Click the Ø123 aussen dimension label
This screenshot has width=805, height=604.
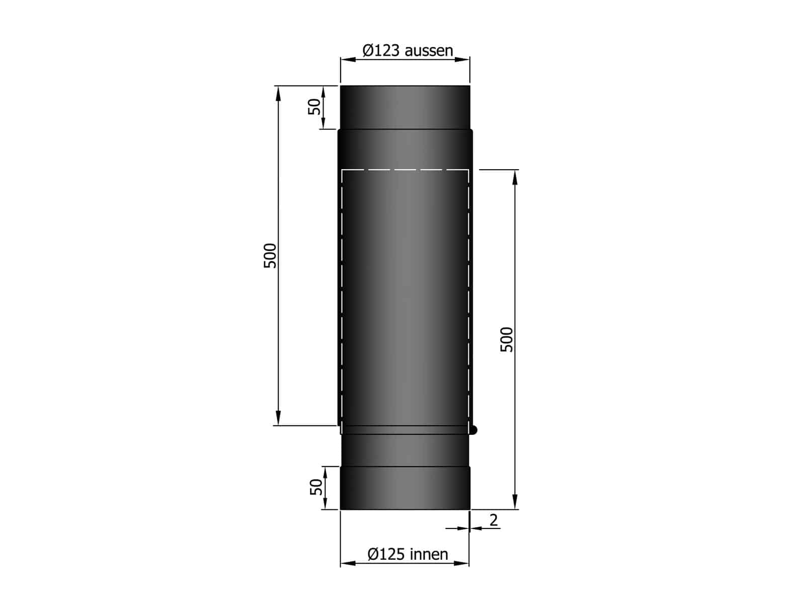[408, 50]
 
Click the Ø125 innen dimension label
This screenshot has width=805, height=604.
[408, 554]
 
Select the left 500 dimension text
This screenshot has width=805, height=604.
[271, 255]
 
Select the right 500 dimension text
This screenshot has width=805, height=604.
[507, 339]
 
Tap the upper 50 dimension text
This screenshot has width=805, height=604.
[314, 107]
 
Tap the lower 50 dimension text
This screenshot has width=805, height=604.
[316, 487]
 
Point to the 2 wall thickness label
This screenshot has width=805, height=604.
[494, 520]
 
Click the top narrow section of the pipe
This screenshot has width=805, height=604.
[405, 107]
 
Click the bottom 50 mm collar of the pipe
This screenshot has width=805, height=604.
[405, 488]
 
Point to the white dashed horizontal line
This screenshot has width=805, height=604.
[405, 170]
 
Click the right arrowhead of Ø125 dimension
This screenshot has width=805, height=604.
[462, 563]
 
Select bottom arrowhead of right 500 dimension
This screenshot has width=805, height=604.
[515, 502]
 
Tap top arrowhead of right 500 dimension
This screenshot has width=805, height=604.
[515, 177]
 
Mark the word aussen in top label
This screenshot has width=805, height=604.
[429, 50]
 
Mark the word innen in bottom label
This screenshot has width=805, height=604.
[429, 554]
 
